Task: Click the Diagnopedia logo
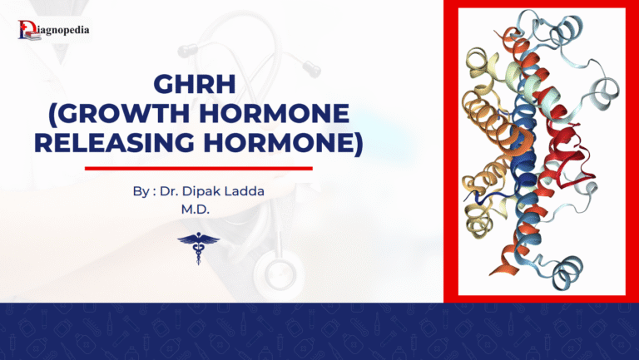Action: pos(53,31)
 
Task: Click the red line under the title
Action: pos(199,168)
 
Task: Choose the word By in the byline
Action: pos(140,192)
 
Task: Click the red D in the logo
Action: pos(25,31)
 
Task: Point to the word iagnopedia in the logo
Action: pos(62,31)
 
